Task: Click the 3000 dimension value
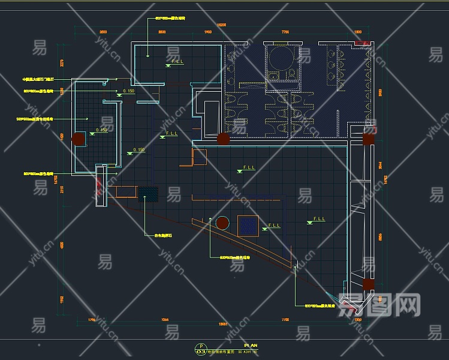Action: pyautogui.click(x=103, y=31)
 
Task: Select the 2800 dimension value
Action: pyautogui.click(x=162, y=31)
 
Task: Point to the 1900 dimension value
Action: pyautogui.click(x=208, y=31)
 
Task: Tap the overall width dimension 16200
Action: pyautogui.click(x=221, y=25)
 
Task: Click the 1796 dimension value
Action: pyautogui.click(x=92, y=320)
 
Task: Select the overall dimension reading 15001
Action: pyautogui.click(x=222, y=326)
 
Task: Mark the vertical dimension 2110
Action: pyautogui.click(x=62, y=190)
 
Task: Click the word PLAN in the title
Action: pyautogui.click(x=251, y=346)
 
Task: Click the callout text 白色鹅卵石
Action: pyautogui.click(x=162, y=236)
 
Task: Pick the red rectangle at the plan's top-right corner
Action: pyautogui.click(x=361, y=43)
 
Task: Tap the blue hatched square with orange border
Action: pyautogui.click(x=248, y=226)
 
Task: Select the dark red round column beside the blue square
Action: pyautogui.click(x=222, y=223)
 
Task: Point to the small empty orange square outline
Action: pyautogui.click(x=200, y=157)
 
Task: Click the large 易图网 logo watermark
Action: pyautogui.click(x=379, y=306)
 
